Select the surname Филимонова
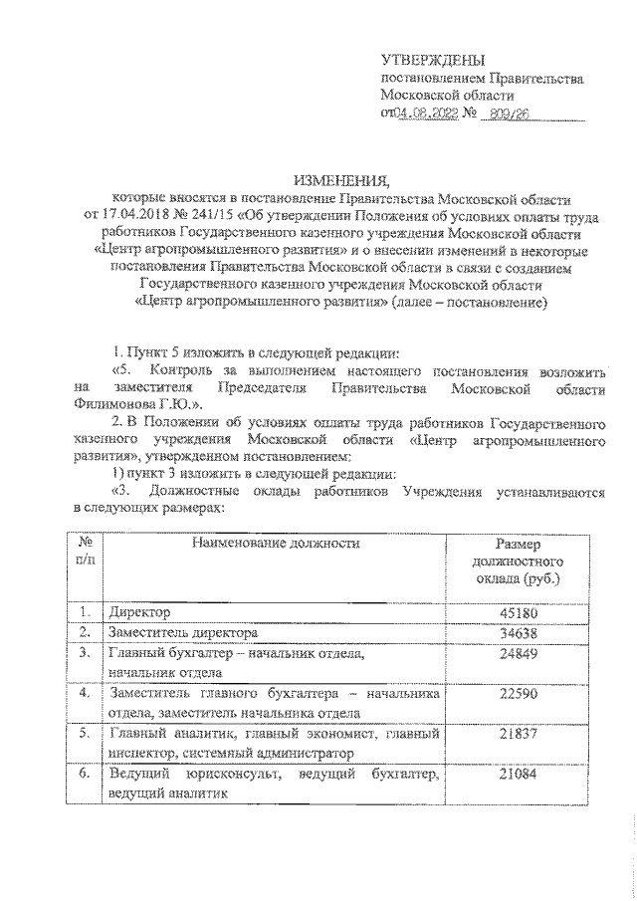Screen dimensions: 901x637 pos(113,404)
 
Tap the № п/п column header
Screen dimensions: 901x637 pos(86,553)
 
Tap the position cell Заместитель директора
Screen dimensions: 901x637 pos(184,632)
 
